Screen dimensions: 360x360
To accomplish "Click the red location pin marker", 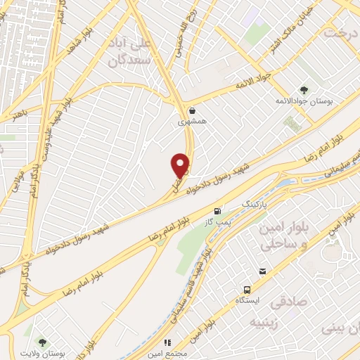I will tap(181, 165).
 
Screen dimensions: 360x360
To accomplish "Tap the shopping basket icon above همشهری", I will tap(193, 110).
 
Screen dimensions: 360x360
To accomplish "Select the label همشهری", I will tap(192, 122).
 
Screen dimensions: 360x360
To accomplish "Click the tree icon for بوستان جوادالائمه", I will tap(304, 91).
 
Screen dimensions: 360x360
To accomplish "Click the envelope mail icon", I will tap(262, 271).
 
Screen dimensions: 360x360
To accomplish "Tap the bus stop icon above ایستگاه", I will tap(246, 290).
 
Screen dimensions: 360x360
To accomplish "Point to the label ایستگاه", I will tap(246, 301).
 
